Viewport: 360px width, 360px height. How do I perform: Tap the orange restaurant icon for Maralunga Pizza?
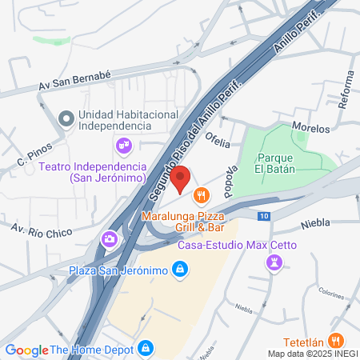click(201, 193)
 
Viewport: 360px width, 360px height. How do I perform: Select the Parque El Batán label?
click(275, 162)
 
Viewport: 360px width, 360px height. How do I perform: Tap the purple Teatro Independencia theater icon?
click(124, 145)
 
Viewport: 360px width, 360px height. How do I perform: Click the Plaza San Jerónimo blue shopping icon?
click(181, 270)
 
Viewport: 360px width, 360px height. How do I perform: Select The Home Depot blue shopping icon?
click(145, 349)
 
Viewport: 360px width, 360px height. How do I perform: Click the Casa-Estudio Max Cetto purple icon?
click(275, 262)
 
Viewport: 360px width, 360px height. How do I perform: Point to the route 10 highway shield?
click(264, 216)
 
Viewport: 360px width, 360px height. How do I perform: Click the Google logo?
click(26, 350)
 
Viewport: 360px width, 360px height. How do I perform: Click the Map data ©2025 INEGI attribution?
click(313, 354)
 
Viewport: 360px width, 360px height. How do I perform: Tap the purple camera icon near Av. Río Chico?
click(109, 238)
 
